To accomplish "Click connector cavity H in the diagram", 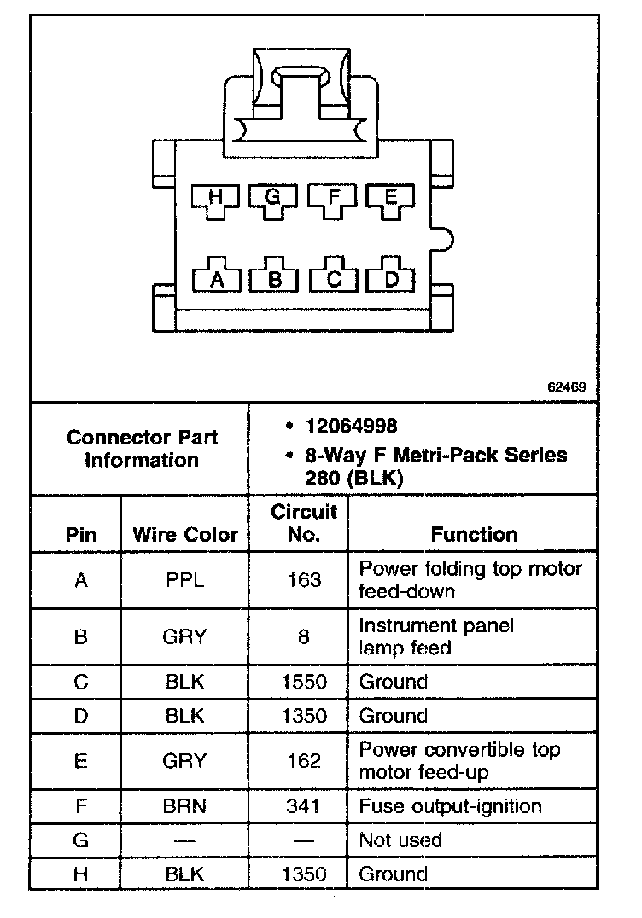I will (215, 200).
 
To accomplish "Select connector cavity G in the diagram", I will (272, 200).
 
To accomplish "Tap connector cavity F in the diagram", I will (334, 200).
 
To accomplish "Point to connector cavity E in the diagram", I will (391, 200).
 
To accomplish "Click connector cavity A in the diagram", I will (216, 278).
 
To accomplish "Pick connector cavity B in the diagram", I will (274, 278).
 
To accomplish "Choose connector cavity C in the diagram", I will (334, 278).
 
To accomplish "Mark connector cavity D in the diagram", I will (392, 278).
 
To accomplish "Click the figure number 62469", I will (566, 386).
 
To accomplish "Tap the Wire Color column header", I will (185, 535).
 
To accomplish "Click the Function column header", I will (474, 535).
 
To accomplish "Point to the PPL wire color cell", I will (184, 580).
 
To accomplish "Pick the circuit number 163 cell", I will (304, 580).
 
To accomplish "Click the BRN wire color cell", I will (184, 805).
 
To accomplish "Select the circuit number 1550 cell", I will (304, 682).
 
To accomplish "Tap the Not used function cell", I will (400, 840).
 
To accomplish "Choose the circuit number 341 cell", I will (304, 805).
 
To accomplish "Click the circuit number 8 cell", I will (304, 636).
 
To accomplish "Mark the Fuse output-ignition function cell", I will (450, 805).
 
